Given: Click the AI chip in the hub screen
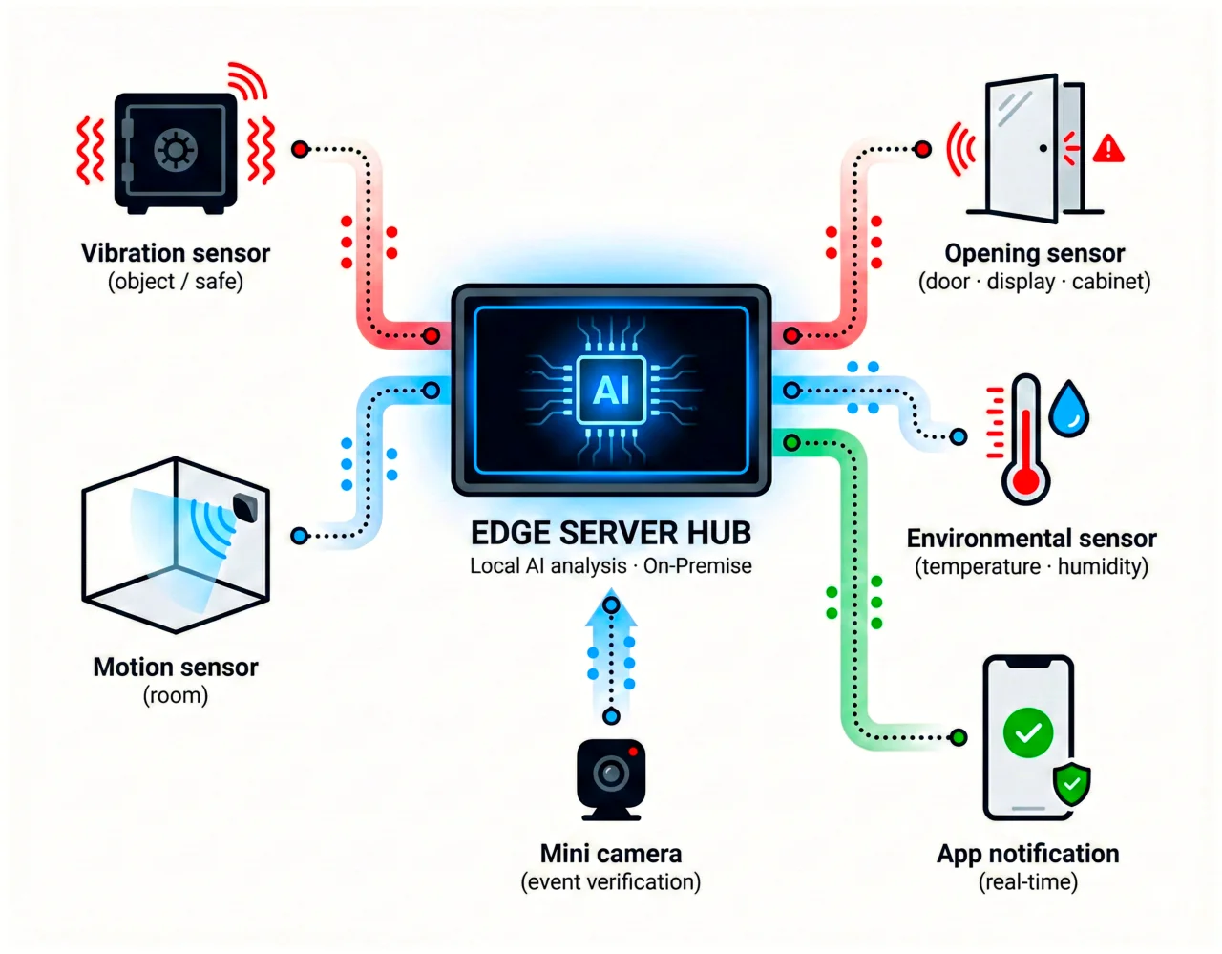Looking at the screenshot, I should pyautogui.click(x=611, y=390).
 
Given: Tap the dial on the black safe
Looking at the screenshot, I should pyautogui.click(x=176, y=149).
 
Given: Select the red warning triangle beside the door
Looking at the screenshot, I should pyautogui.click(x=1108, y=149).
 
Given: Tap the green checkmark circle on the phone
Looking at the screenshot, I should pyautogui.click(x=1028, y=733).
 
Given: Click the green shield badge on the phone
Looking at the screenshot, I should pyautogui.click(x=1071, y=785).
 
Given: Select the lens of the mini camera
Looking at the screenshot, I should pyautogui.click(x=611, y=773).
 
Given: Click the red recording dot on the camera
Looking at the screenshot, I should pyautogui.click(x=633, y=753).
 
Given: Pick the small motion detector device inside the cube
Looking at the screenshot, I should pyautogui.click(x=245, y=507).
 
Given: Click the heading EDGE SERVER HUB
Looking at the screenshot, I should pyautogui.click(x=611, y=533).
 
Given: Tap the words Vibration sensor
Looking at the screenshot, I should pyautogui.click(x=176, y=253).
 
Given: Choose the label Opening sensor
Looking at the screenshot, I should pyautogui.click(x=1035, y=253).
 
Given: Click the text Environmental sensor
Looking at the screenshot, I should pyautogui.click(x=1031, y=539).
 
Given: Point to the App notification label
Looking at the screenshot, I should pyautogui.click(x=1028, y=854).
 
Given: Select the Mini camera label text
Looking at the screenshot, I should pyautogui.click(x=611, y=854).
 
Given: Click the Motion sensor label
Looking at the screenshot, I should pyautogui.click(x=176, y=668).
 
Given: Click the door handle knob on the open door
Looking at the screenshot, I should pyautogui.click(x=1043, y=148).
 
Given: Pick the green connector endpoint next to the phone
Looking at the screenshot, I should pyautogui.click(x=959, y=737).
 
